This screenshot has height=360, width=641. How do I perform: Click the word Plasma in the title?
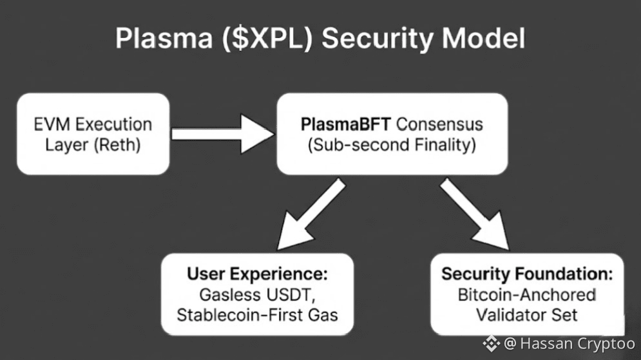[164, 39]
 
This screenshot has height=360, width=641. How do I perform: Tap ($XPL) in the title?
[267, 39]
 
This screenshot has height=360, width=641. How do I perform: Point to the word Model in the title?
[484, 39]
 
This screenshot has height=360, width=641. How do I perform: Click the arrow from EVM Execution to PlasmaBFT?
[223, 134]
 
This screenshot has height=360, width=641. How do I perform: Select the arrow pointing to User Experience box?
[311, 214]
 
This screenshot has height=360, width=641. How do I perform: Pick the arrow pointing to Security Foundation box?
[475, 214]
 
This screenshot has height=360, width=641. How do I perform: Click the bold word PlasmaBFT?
[346, 124]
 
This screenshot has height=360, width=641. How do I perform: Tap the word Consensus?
[439, 124]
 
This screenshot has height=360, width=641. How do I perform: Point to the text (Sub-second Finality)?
[392, 145]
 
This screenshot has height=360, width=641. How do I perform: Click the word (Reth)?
[117, 145]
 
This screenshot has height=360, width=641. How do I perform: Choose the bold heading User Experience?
[257, 274]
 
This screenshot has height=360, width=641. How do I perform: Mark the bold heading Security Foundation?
[527, 274]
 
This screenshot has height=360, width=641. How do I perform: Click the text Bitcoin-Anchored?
[527, 295]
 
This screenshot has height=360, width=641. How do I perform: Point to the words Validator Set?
[527, 315]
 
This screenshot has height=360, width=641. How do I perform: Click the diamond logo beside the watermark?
[491, 344]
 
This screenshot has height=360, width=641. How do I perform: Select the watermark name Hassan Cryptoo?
[578, 344]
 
